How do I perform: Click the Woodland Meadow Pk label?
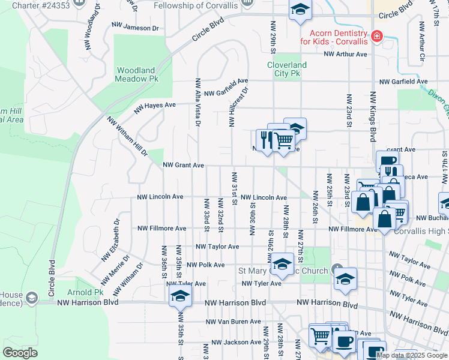(137, 74)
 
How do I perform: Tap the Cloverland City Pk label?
(286, 69)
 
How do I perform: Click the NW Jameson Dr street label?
(135, 28)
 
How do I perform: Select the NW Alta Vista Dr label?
(197, 102)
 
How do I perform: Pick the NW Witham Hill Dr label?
(127, 136)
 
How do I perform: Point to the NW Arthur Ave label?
(345, 54)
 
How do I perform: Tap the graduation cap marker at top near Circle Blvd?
(300, 10)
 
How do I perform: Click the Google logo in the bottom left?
(20, 353)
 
